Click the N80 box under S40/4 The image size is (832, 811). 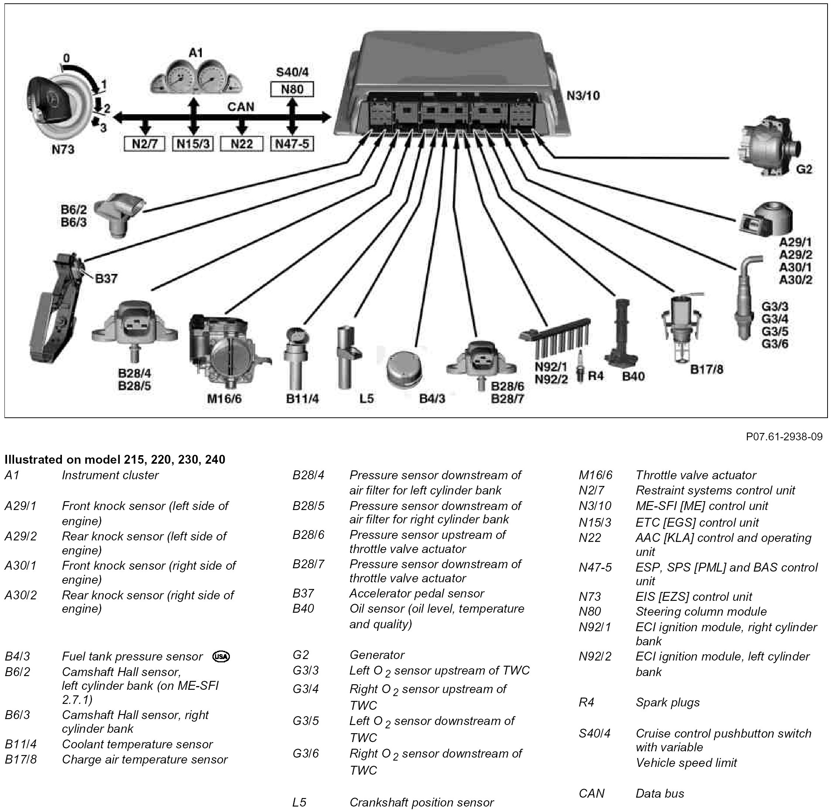pyautogui.click(x=292, y=89)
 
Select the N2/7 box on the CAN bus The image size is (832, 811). pyautogui.click(x=145, y=144)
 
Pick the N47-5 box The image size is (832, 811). pyautogui.click(x=292, y=144)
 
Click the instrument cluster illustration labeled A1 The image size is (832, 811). pyautogui.click(x=196, y=77)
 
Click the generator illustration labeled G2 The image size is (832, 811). pyautogui.click(x=769, y=149)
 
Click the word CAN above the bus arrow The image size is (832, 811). pyautogui.click(x=241, y=106)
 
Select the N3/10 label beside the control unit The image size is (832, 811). pyautogui.click(x=583, y=95)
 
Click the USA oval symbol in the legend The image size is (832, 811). pyautogui.click(x=221, y=656)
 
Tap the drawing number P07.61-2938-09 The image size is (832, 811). pyautogui.click(x=784, y=437)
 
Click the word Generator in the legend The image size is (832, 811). pyautogui.click(x=377, y=655)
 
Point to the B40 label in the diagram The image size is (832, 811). pyautogui.click(x=633, y=376)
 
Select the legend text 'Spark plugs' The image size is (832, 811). pyautogui.click(x=667, y=702)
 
